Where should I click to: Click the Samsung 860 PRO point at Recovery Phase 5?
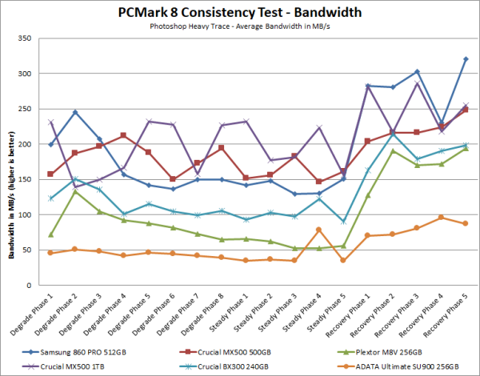[466, 59]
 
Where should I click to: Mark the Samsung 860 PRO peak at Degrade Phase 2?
[97, 112]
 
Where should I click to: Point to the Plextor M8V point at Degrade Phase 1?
[50, 234]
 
